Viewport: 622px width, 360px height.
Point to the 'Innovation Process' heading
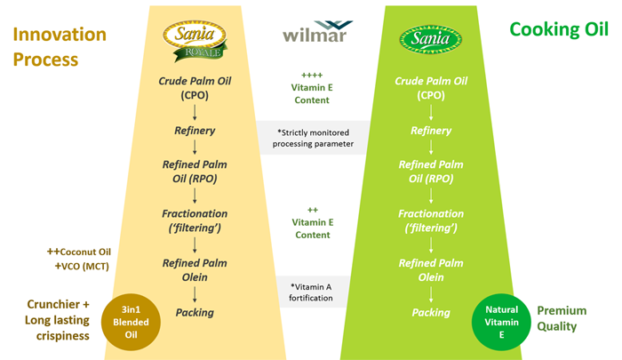point(58,47)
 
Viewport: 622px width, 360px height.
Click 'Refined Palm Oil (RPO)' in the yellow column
point(194,172)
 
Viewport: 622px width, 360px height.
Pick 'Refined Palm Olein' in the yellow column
point(194,269)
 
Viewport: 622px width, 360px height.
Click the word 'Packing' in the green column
point(430,312)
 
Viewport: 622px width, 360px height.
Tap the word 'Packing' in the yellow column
point(194,312)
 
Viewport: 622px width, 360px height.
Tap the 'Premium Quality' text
point(561,318)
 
